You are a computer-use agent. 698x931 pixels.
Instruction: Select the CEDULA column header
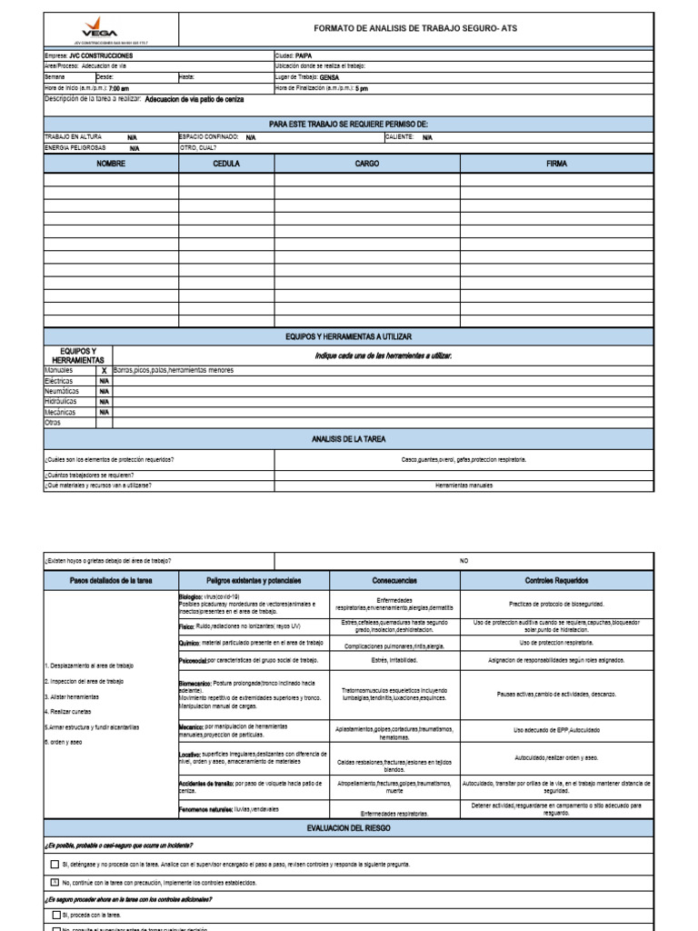point(226,164)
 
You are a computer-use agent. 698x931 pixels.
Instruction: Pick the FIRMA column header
point(556,164)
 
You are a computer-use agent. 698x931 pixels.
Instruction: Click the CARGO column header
point(367,164)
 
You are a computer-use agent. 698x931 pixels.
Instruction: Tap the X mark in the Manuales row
point(105,371)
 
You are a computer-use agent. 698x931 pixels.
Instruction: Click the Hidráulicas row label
point(61,401)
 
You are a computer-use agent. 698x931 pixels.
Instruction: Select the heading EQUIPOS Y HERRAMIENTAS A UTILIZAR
point(348,336)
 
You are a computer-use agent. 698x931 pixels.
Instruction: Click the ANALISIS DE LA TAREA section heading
point(348,439)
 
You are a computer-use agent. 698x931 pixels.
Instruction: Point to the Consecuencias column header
point(394,580)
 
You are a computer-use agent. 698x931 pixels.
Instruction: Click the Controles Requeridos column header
point(556,580)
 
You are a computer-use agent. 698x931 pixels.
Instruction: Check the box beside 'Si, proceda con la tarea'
point(55,915)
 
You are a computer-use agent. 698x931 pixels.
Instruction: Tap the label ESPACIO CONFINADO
point(209,136)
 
